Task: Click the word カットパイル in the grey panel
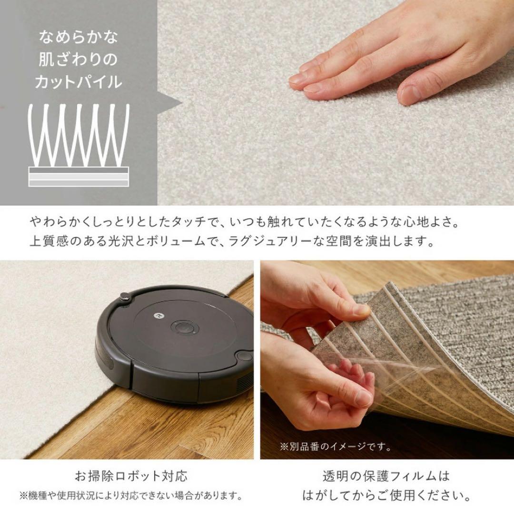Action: pyautogui.click(x=79, y=82)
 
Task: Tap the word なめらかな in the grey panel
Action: pyautogui.click(x=79, y=37)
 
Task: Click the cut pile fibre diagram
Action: pyautogui.click(x=79, y=135)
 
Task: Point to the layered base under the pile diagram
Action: pyautogui.click(x=79, y=177)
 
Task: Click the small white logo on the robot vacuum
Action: pyautogui.click(x=158, y=316)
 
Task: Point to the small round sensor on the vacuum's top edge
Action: pyautogui.click(x=125, y=297)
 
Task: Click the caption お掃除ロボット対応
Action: pyautogui.click(x=131, y=475)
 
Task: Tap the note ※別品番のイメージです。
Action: pyautogui.click(x=336, y=446)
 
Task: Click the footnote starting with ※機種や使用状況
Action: pyautogui.click(x=131, y=495)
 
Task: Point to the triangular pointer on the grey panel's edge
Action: pyautogui.click(x=170, y=104)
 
